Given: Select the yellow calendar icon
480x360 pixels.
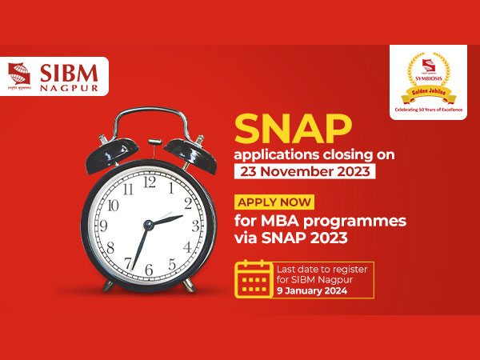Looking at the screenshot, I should click(252, 278).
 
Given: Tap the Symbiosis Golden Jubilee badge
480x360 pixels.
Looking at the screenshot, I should click(428, 80).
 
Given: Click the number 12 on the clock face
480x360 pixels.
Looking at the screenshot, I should click(150, 182).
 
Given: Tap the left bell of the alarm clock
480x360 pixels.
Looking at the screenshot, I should click(110, 151).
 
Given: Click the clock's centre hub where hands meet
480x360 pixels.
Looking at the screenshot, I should click(149, 225).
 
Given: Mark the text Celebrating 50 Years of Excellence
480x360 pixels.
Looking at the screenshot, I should click(428, 106).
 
